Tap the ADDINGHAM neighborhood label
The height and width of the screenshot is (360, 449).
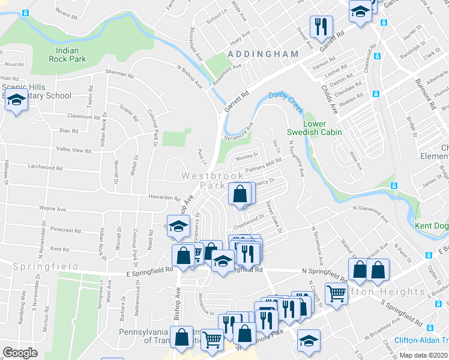click(263, 54)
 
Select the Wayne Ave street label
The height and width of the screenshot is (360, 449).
click(52, 209)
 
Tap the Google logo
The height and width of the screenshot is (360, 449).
click(20, 353)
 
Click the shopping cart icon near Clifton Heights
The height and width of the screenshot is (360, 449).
click(337, 293)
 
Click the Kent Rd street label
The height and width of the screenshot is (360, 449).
click(60, 248)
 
